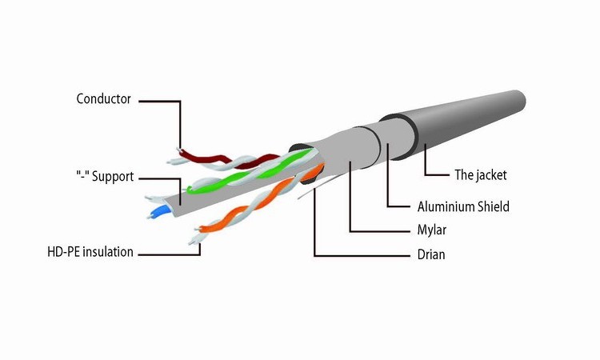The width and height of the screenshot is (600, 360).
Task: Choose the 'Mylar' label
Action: [431, 230]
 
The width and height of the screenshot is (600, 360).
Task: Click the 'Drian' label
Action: [431, 254]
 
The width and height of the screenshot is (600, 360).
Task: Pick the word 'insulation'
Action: [107, 252]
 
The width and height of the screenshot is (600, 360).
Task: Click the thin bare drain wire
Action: [308, 192]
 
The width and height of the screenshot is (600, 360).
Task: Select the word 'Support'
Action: [113, 175]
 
